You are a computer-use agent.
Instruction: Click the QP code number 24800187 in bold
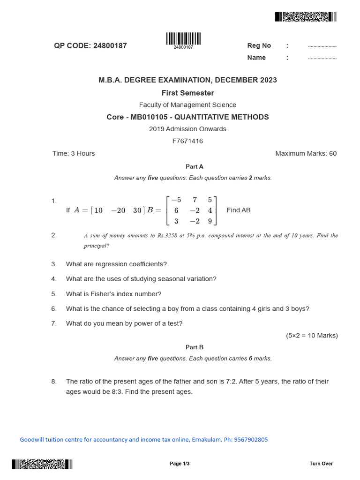click(110, 46)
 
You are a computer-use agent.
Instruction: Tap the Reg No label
click(259, 45)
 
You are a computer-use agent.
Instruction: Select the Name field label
click(256, 58)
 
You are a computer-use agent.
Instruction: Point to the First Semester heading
click(187, 93)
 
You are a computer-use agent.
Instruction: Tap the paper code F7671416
click(187, 141)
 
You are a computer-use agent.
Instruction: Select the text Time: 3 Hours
click(74, 153)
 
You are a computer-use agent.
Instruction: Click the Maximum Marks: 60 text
click(306, 153)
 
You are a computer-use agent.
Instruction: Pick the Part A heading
click(195, 166)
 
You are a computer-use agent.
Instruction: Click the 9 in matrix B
click(210, 221)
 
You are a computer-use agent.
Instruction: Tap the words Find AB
click(239, 210)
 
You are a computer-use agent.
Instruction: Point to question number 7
click(54, 323)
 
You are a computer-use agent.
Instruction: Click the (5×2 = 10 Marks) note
click(312, 336)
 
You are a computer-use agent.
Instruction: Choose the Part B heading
click(195, 347)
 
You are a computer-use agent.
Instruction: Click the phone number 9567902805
click(251, 440)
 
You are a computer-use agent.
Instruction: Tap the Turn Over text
click(321, 464)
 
